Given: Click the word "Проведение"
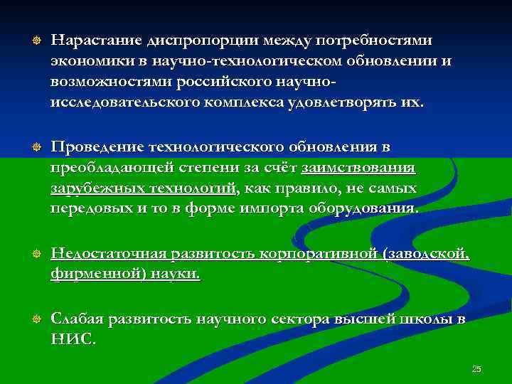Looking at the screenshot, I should pyautogui.click(x=97, y=147).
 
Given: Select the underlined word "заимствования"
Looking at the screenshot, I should pyautogui.click(x=359, y=168).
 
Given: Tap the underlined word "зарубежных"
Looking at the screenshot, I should pyautogui.click(x=92, y=188).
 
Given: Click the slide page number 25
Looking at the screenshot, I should pyautogui.click(x=476, y=368).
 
